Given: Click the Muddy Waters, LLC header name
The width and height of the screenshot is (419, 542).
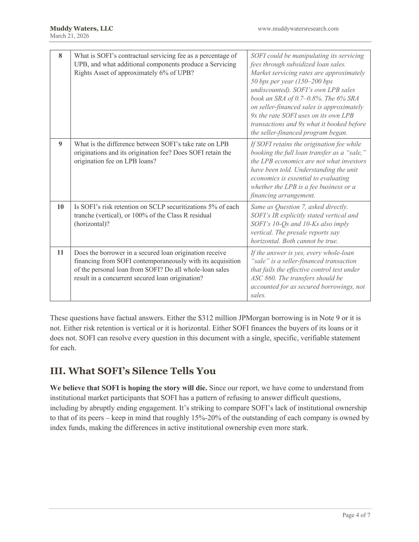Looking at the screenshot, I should point(81,29).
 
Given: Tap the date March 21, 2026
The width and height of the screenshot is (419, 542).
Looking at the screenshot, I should point(69,36).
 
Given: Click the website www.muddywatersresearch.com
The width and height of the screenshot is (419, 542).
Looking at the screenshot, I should point(298,29).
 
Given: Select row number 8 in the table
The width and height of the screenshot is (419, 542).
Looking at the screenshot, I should point(60,56).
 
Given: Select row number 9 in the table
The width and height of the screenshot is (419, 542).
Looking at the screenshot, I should point(60,144).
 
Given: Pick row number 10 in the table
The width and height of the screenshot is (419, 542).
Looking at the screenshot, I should point(60,207).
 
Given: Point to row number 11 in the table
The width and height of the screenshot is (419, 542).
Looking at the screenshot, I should point(60,253).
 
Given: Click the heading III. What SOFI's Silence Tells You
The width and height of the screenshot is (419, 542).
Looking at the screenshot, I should point(133,371).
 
